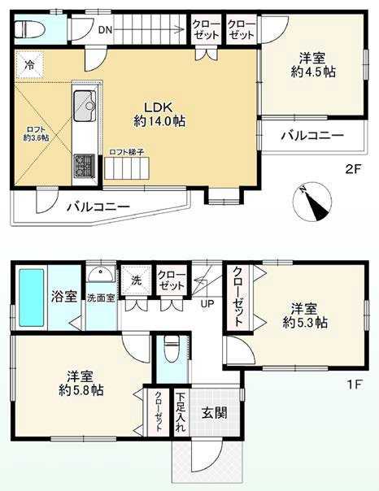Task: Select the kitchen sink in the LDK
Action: (x=85, y=105)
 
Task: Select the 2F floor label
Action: (x=351, y=169)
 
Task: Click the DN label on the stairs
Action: (x=105, y=30)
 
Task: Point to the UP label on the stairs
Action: (x=207, y=304)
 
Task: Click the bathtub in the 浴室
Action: (x=31, y=296)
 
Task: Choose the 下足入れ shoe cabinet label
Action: (x=180, y=413)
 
